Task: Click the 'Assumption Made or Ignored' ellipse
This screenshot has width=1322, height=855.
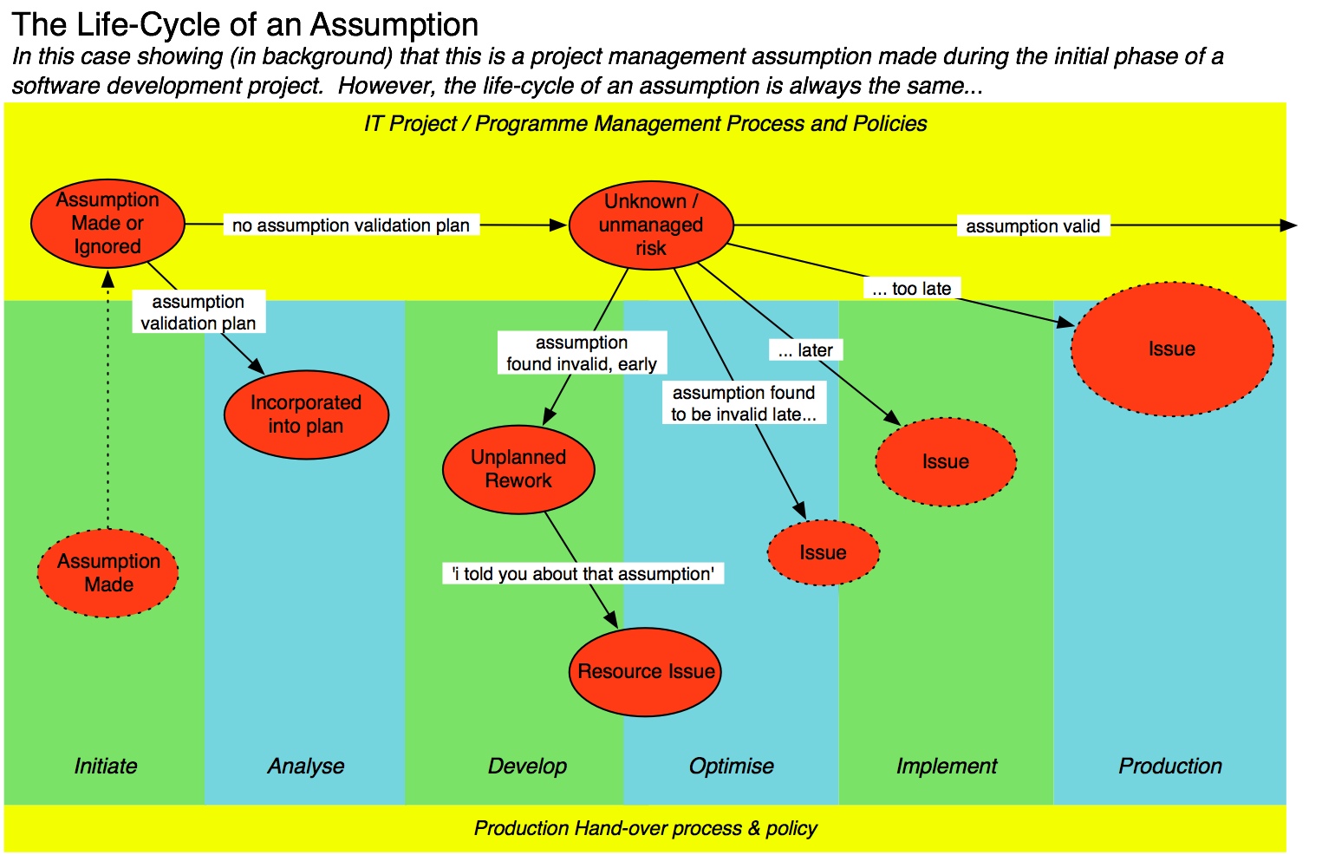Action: point(107,224)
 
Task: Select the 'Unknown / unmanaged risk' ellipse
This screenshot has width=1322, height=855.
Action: point(651,225)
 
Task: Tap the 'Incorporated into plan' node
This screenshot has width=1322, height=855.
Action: point(306,414)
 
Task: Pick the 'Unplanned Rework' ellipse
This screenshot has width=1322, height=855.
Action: point(518,469)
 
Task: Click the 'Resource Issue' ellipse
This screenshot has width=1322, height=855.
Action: point(646,672)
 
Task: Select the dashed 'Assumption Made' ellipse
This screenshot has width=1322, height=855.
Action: point(108,573)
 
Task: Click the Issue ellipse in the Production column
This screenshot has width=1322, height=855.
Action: point(1172,349)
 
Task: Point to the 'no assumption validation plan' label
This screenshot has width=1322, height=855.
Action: point(351,225)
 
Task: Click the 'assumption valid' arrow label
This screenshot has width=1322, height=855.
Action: point(1032,226)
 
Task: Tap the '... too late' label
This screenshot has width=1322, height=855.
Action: point(911,289)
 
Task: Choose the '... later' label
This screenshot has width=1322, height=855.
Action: point(805,350)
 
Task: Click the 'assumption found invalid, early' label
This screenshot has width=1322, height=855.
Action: point(582,353)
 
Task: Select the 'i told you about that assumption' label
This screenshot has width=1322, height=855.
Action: point(583,574)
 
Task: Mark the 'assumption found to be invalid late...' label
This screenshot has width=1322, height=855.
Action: point(744,403)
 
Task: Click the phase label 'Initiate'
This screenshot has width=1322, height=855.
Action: point(106,767)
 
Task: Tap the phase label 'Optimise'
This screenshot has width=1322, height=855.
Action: point(731,767)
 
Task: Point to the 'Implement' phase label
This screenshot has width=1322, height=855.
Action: point(947,767)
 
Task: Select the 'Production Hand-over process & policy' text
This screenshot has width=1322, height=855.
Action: point(645,829)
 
